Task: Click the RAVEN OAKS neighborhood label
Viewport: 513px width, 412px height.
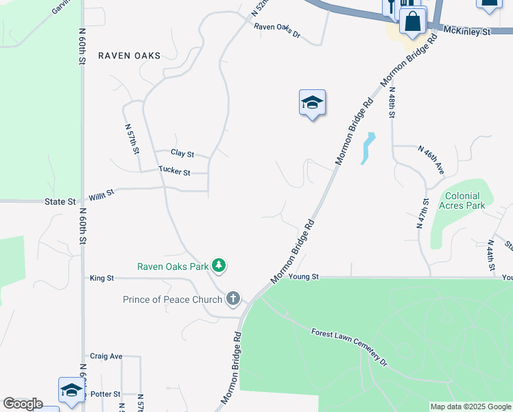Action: [x=129, y=56]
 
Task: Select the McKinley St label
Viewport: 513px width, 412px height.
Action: [x=468, y=32]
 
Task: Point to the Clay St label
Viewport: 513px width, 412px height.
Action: [x=182, y=154]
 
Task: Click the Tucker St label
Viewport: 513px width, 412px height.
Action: [x=174, y=172]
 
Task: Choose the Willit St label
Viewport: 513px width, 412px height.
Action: [x=100, y=196]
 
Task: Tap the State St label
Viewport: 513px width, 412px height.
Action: [x=60, y=202]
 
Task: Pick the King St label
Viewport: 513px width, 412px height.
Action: [x=102, y=278]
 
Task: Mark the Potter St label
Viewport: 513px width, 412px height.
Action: [x=106, y=394]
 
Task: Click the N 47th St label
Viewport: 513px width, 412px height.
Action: [x=422, y=213]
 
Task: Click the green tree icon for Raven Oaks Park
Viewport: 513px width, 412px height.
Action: [x=219, y=265]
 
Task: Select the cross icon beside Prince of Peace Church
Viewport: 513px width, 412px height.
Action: [x=233, y=299]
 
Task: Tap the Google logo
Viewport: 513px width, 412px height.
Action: [x=23, y=404]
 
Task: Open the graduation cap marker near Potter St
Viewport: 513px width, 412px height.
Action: [x=71, y=390]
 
